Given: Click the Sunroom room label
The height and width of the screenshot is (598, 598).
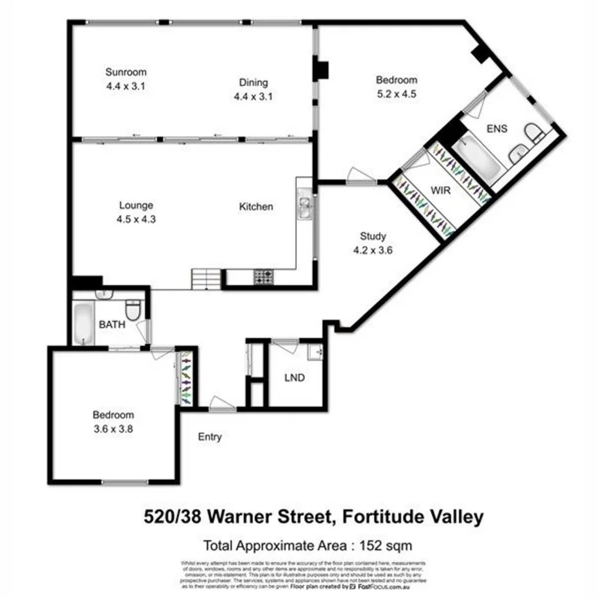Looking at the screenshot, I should point(126,72).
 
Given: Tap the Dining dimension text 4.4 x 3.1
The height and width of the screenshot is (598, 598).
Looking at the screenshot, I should point(253,96).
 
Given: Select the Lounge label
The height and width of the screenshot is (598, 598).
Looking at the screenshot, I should point(136,205).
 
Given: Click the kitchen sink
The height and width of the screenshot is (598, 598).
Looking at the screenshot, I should point(304,207).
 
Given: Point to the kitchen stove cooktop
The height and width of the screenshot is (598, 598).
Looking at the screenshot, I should point(263,277).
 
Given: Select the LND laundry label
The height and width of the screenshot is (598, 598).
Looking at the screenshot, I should point(295,377).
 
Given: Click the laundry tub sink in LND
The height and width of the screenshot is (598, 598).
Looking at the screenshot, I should point(315,352).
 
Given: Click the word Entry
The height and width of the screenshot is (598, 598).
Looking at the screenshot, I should point(210,437).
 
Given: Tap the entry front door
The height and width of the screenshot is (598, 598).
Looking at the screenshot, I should point(221,404).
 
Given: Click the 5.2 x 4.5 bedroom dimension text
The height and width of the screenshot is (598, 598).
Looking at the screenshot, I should point(396,93).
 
